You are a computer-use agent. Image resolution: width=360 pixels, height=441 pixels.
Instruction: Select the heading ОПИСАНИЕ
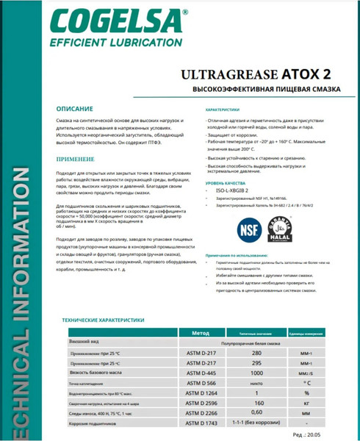pos(74,108)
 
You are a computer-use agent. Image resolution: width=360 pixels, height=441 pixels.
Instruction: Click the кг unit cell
pos(307,403)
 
